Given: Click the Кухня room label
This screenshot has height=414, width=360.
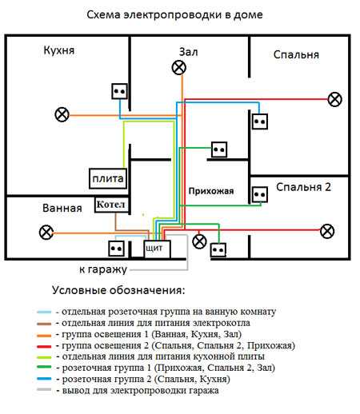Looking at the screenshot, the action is (x=59, y=50).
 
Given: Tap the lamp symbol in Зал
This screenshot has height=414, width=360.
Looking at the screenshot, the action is (x=179, y=67).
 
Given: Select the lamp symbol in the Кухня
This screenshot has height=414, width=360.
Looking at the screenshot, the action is (x=62, y=115).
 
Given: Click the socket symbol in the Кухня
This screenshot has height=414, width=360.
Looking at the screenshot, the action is (x=119, y=91).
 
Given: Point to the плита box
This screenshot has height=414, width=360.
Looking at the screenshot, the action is (x=108, y=178).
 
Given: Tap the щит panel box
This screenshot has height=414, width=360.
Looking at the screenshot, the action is (x=157, y=249).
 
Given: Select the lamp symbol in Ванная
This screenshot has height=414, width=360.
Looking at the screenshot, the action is (x=46, y=232).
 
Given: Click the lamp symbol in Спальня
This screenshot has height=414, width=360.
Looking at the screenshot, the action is (x=334, y=99).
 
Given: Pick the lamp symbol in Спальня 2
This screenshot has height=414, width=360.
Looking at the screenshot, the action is (x=327, y=231).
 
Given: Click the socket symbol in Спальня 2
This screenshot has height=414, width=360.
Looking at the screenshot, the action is (x=260, y=194).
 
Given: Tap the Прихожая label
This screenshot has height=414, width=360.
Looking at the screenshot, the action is (x=211, y=191).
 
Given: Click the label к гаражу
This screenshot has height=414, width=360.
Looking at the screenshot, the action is (x=103, y=270).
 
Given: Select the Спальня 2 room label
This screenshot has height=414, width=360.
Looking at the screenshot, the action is (x=303, y=187).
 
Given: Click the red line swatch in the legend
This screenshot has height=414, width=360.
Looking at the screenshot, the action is (x=44, y=347).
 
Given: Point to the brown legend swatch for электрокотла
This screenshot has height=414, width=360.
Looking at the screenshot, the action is (x=44, y=324).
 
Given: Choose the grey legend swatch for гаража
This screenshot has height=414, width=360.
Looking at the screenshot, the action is (x=44, y=389).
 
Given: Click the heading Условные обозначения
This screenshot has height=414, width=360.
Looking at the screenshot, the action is (x=118, y=290).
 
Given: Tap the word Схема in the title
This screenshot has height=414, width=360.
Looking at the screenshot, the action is (x=104, y=14).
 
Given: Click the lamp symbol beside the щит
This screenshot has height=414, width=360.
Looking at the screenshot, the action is (x=199, y=241).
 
